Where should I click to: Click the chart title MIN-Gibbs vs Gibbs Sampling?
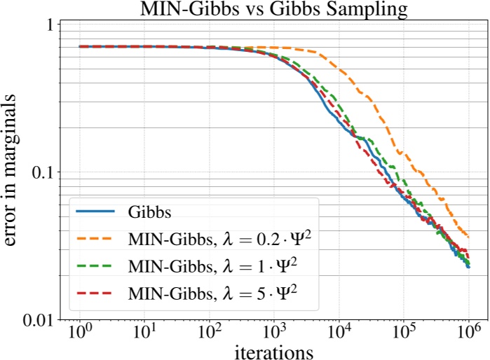pyautogui.click(x=272, y=9)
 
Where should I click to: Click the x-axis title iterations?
pyautogui.click(x=273, y=348)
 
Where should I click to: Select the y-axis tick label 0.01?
pyautogui.click(x=36, y=320)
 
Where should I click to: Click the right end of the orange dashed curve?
pyautogui.click(x=468, y=237)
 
